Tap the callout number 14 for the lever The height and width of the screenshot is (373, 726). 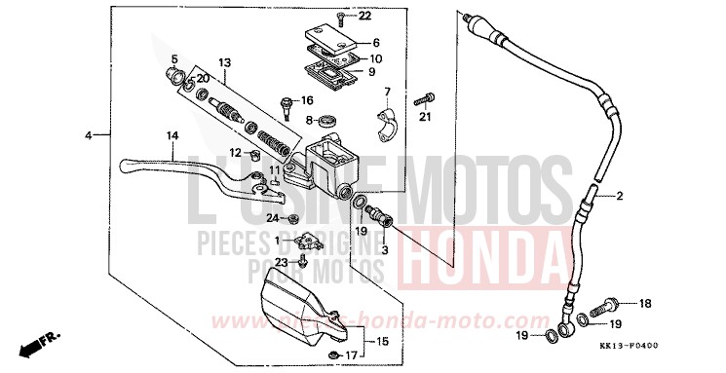coord(172,135)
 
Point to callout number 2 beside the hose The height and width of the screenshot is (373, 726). coord(618,197)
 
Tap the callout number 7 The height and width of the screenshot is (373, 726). coord(386,93)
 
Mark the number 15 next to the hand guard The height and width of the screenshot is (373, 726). coord(381,341)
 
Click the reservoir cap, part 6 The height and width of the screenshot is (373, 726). coord(329,40)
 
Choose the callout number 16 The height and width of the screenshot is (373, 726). coord(307,100)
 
